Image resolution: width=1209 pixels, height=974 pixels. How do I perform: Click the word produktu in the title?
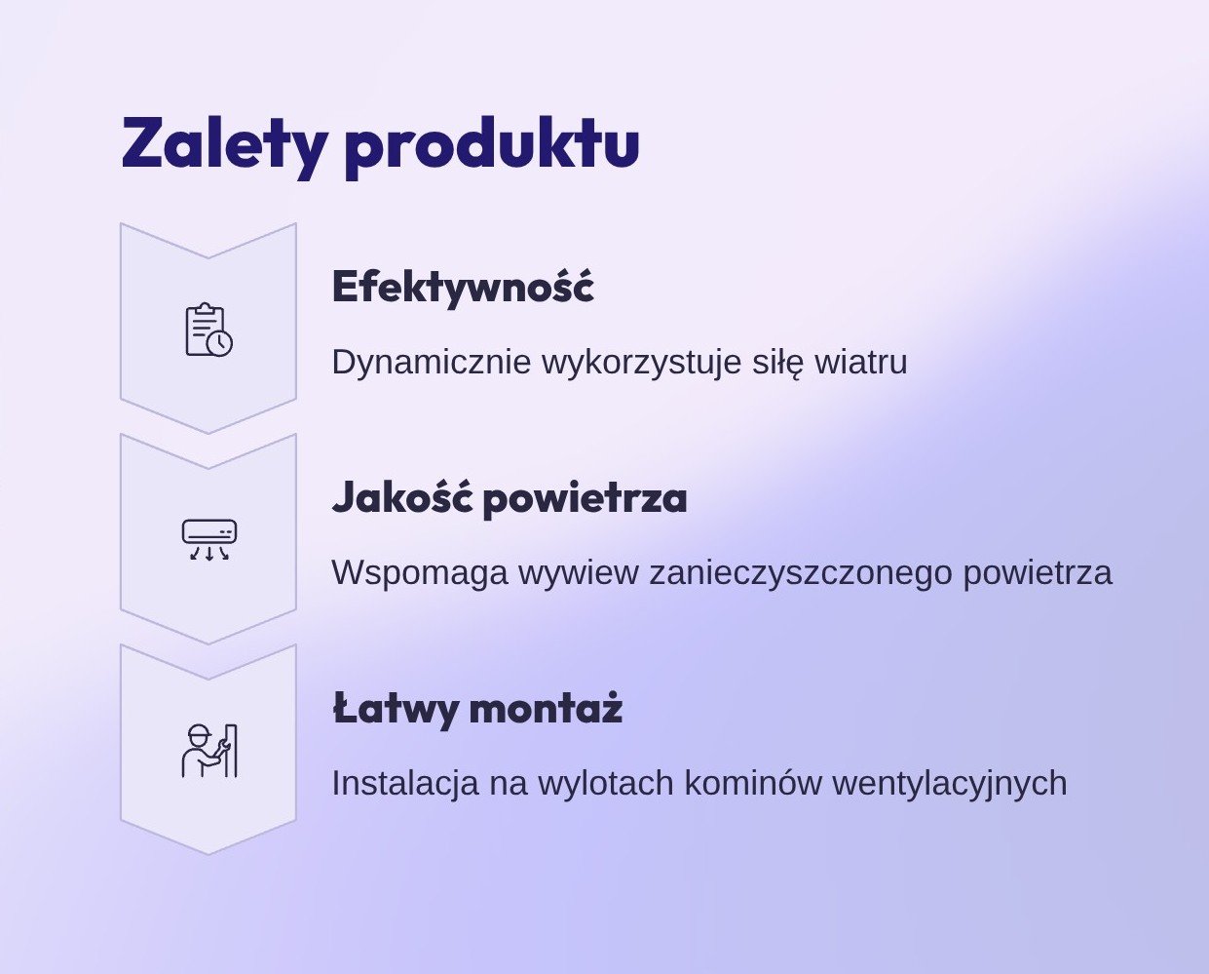[492, 146]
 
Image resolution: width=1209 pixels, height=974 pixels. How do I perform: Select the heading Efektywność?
[463, 288]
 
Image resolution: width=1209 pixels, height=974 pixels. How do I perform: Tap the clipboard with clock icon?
[209, 331]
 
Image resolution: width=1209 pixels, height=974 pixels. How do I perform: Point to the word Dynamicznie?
[432, 363]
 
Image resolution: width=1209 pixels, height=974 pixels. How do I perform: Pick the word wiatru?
[861, 362]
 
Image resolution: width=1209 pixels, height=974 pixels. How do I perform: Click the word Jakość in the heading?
[402, 498]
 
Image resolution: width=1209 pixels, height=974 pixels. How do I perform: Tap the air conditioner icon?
[209, 540]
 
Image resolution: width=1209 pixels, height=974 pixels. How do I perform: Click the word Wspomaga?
[420, 573]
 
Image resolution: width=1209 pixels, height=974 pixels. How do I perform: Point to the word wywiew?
[578, 573]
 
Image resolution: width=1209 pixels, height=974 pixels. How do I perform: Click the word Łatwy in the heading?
[395, 709]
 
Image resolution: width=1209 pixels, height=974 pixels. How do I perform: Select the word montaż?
[546, 708]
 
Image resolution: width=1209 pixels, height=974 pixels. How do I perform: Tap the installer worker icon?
[209, 751]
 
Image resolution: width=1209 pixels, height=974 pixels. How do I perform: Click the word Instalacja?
[405, 784]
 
